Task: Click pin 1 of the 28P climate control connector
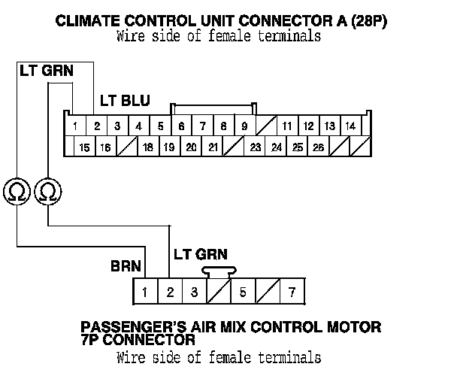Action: tap(77, 126)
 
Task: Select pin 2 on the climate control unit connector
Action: tap(98, 126)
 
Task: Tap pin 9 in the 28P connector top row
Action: tap(245, 126)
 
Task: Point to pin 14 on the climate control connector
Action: tap(350, 126)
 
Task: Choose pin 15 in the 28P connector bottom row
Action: tap(84, 147)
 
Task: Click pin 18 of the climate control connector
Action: tap(148, 147)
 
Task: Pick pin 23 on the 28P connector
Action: tap(256, 147)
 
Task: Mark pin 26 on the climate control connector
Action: tap(319, 147)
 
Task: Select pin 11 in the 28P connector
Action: tap(287, 126)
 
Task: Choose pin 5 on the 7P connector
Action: tap(242, 292)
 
